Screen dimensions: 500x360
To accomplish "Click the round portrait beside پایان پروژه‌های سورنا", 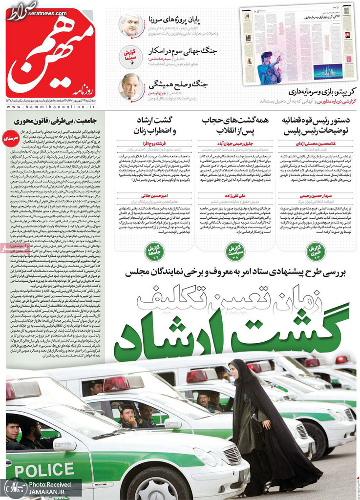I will (x=131, y=24).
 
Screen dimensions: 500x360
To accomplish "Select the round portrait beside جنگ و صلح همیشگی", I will (x=131, y=87).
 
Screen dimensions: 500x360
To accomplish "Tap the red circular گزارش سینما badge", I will (x=130, y=56).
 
